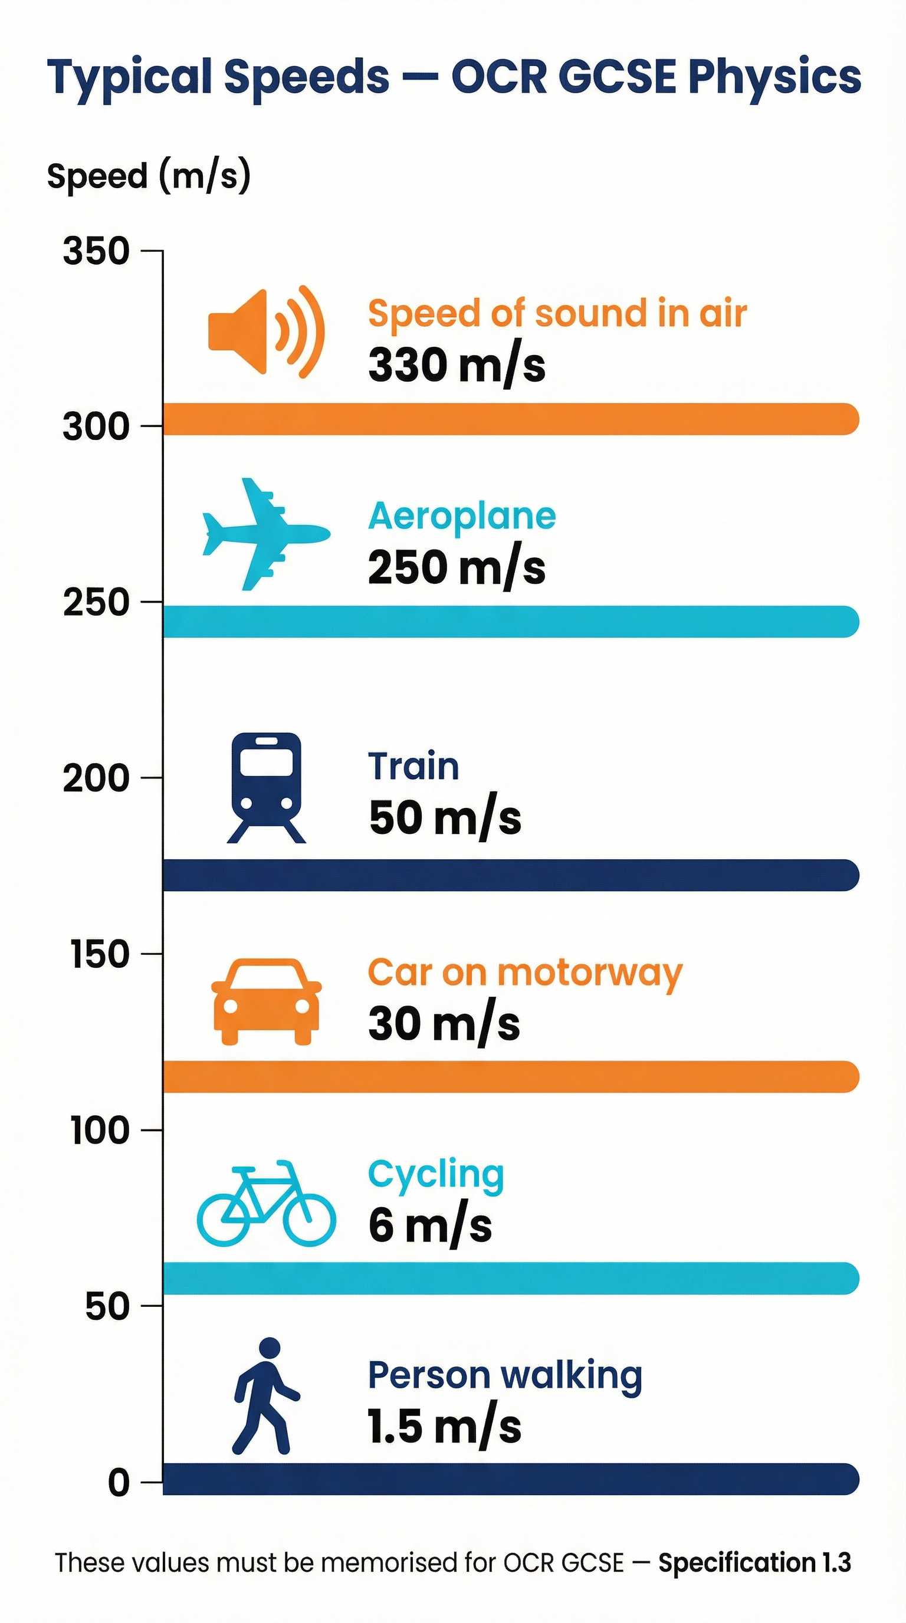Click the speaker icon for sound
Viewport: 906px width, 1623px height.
coord(266,331)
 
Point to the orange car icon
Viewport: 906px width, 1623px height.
coord(266,1001)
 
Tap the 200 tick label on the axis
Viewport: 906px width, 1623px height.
coord(96,778)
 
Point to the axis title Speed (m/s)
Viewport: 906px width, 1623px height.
coord(149,176)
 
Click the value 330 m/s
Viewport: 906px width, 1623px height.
coord(457,366)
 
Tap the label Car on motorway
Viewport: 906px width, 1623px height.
coord(525,973)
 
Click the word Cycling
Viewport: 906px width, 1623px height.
coord(436,1174)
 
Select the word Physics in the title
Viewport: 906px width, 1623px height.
coord(774,77)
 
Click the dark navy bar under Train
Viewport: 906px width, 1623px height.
coord(510,875)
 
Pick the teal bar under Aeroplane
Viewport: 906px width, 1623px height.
coord(510,621)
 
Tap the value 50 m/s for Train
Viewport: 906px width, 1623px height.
coord(445,818)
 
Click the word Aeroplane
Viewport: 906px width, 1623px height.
coord(462,516)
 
